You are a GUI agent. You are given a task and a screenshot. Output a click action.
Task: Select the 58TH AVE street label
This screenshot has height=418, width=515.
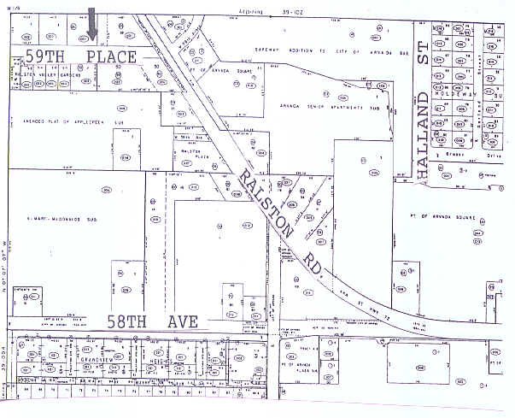pyautogui.click(x=153, y=322)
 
